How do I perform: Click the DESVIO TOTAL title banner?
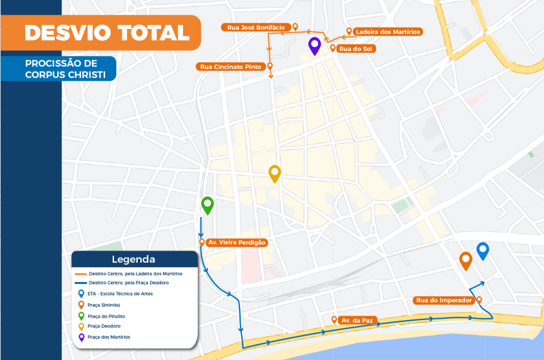pos(107,32)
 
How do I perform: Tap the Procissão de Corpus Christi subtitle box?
pos(61,69)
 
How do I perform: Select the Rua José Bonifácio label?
pos(256,28)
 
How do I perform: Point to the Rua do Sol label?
pos(357,48)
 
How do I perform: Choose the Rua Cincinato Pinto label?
pos(230,66)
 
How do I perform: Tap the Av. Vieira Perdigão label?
pos(236,242)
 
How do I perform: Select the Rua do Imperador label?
pos(445,300)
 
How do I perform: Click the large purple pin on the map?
pos(315,46)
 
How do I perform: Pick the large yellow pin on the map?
pos(275,173)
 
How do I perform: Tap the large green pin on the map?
pos(207,205)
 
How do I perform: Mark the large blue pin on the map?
pos(483,250)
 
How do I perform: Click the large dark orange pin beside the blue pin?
pos(465,260)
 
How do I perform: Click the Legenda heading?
pos(133,260)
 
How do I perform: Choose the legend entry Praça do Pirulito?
pos(107,316)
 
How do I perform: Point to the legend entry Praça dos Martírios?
pos(109,337)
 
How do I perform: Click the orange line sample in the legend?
pos(80,274)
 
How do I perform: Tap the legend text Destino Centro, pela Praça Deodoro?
pos(129,283)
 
